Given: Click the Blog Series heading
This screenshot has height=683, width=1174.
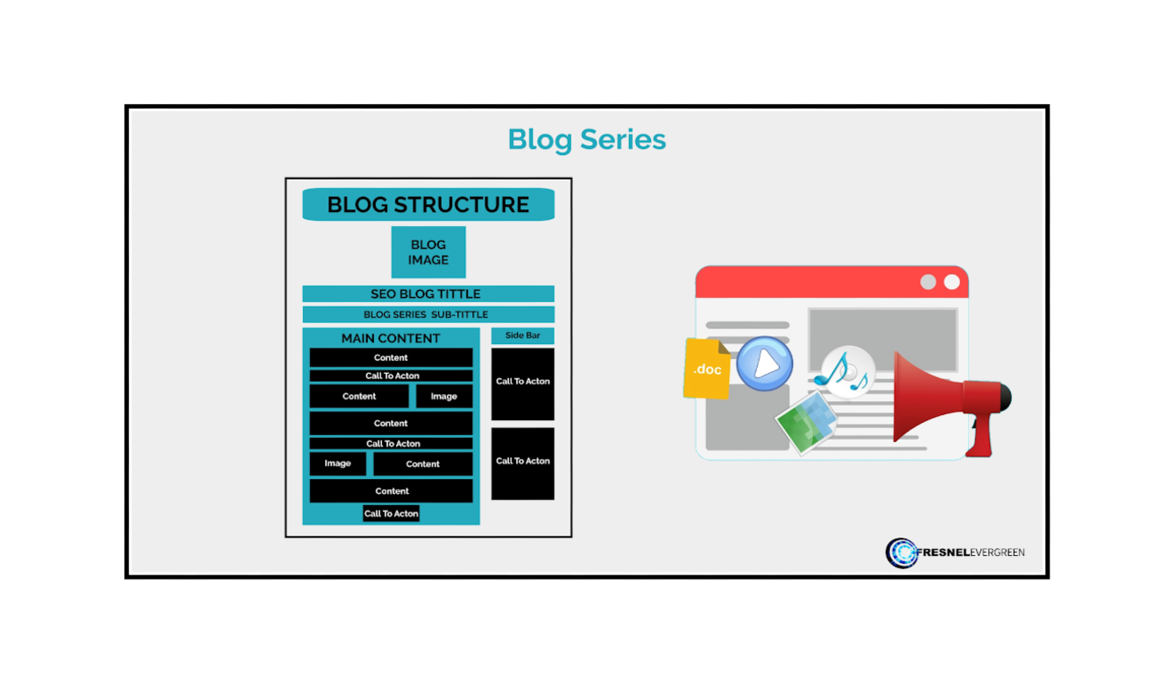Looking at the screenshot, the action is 586,140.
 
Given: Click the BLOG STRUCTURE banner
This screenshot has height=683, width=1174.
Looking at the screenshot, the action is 428,204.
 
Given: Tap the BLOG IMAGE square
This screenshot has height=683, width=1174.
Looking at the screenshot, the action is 428,252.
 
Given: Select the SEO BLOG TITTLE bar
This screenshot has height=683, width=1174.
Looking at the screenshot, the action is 428,294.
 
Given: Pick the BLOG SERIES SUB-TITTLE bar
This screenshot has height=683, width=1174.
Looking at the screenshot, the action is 428,314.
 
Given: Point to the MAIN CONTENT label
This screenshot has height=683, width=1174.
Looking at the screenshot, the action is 391,338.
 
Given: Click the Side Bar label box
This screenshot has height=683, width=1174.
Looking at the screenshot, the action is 522,335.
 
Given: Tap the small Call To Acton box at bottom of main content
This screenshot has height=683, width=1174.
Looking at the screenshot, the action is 391,513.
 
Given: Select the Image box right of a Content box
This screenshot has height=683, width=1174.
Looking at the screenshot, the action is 444,396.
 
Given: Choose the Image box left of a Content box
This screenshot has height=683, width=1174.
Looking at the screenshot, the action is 337,463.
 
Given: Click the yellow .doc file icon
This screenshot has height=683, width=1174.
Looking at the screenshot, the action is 706,369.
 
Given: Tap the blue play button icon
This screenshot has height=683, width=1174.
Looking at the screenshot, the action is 765,363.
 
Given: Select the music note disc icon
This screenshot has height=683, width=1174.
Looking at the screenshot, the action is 845,372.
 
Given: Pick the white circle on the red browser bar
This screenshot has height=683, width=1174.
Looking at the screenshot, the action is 951,282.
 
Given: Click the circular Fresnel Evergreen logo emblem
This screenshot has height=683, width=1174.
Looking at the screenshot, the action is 902,553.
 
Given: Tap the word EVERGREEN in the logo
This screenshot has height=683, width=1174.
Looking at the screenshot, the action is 997,553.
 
